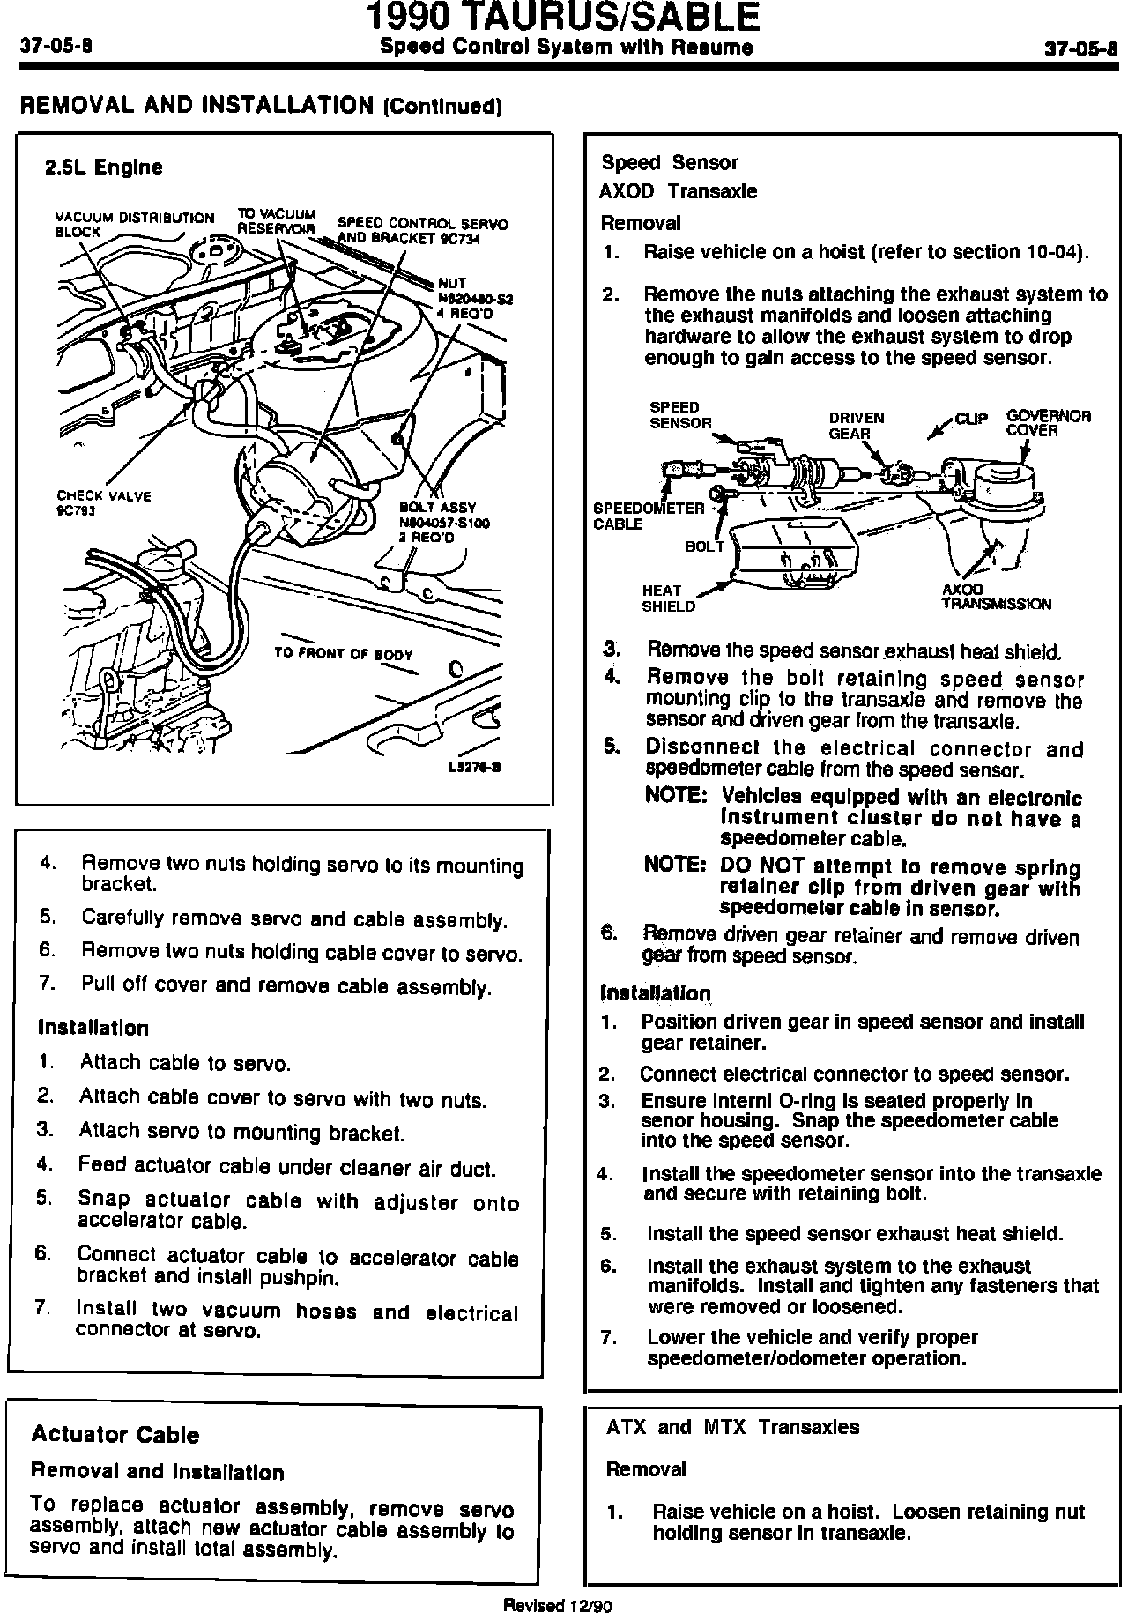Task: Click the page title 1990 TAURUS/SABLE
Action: (x=564, y=18)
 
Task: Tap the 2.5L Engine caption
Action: (x=104, y=167)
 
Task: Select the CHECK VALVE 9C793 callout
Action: (x=103, y=502)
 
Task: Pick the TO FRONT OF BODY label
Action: (x=343, y=655)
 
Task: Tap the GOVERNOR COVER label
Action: (x=1048, y=423)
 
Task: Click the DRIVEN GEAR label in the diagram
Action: (x=856, y=426)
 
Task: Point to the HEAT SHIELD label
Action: (x=667, y=598)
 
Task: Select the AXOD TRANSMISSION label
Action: (x=995, y=597)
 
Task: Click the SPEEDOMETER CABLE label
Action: (x=648, y=516)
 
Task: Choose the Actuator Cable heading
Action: (x=115, y=1435)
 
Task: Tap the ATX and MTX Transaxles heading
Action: (x=732, y=1427)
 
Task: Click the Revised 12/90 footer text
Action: (x=556, y=1605)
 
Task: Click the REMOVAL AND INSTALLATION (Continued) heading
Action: (x=261, y=107)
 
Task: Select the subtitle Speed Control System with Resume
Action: (x=565, y=47)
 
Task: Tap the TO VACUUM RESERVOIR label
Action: (x=276, y=220)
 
